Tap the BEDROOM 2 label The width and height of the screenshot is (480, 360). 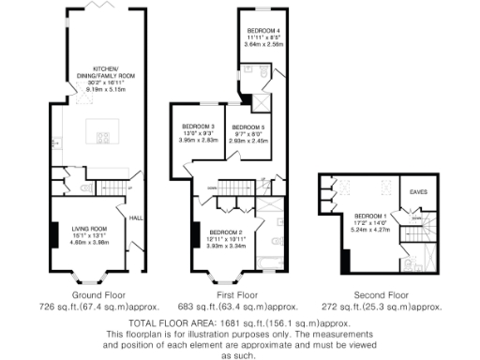226,232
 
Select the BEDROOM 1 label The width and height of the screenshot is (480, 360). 373,214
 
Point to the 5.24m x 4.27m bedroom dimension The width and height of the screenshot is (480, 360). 373,228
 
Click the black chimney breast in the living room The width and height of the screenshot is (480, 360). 54,232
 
